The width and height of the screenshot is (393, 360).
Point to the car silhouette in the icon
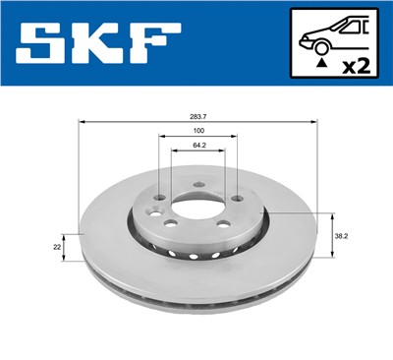[x=334, y=36]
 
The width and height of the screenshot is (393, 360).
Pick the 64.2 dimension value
[x=197, y=146]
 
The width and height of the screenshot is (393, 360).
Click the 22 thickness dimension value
[x=57, y=247]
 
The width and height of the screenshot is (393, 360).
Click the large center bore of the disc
[x=196, y=209]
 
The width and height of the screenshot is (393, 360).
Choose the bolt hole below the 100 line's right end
[x=236, y=196]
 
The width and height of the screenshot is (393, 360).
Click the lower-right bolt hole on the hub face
[x=222, y=225]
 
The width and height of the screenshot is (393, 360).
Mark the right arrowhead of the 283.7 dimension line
[x=315, y=121]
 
